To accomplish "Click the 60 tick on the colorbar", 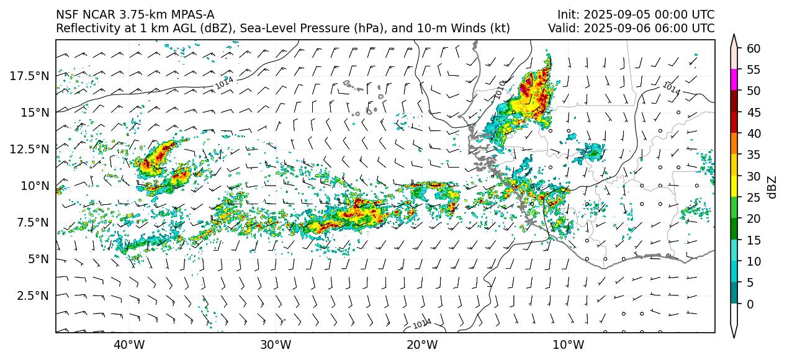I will [x=754, y=48].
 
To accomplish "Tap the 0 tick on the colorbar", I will [x=751, y=304].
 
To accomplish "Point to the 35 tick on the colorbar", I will [x=754, y=155].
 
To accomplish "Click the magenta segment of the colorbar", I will [x=734, y=80].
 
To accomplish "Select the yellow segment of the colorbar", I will [x=734, y=186].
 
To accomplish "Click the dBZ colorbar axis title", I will [x=772, y=186].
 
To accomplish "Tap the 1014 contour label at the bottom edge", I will [x=422, y=323].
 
